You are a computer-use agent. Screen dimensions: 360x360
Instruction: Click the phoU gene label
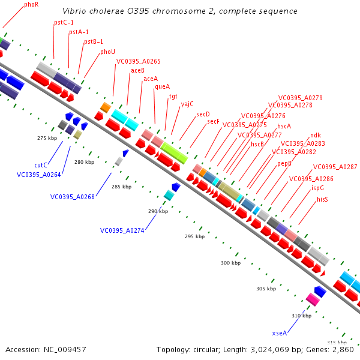(x=107, y=52)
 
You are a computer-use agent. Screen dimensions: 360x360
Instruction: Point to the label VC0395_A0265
(x=139, y=61)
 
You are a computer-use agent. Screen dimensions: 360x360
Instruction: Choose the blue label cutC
(x=41, y=164)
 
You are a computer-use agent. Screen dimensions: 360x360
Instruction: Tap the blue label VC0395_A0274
(x=122, y=230)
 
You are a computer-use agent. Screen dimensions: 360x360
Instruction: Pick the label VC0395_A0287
(x=335, y=167)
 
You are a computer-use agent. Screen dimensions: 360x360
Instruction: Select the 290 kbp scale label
(x=158, y=211)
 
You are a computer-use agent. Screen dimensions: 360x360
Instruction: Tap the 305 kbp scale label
(x=265, y=289)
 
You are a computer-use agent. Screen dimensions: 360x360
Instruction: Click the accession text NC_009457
(x=46, y=349)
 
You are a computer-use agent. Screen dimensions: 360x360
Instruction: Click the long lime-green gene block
(x=174, y=152)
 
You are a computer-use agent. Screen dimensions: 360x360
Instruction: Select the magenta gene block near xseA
(x=312, y=298)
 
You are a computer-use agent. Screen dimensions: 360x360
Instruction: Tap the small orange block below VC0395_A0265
(x=105, y=107)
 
